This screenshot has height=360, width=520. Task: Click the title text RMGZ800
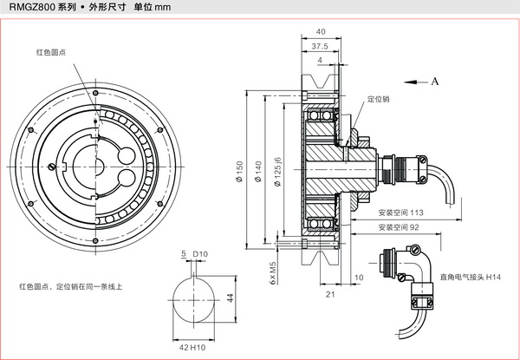tap(33, 10)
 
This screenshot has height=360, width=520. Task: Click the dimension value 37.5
tap(320, 46)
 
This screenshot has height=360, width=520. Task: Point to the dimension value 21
tap(330, 295)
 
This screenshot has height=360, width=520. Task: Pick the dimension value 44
tap(231, 298)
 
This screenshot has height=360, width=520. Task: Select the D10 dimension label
tap(200, 254)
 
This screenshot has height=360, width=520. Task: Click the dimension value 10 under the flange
tap(359, 278)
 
